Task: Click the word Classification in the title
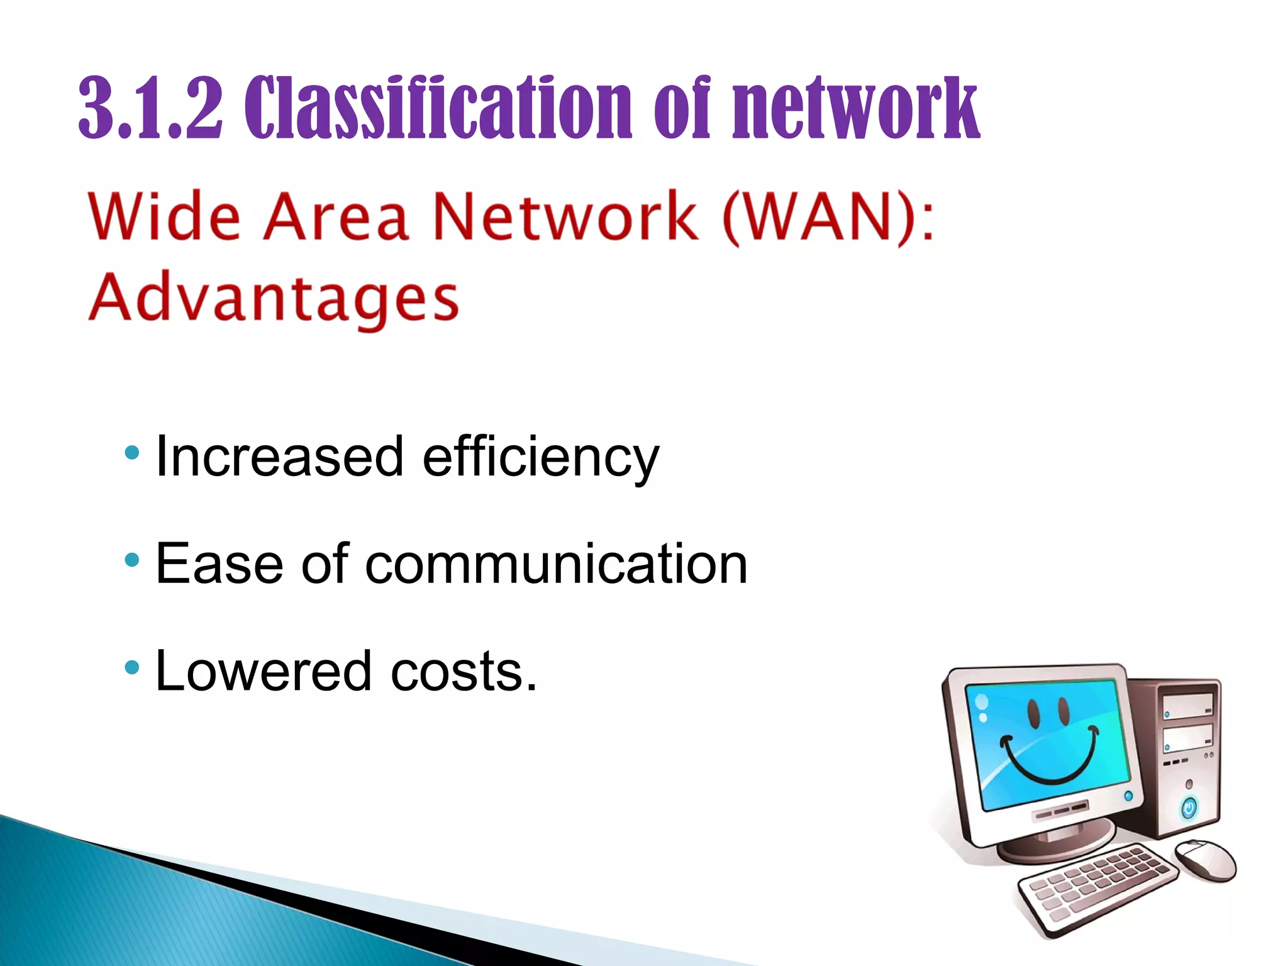[x=438, y=108]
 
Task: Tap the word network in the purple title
[x=856, y=108]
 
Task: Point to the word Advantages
[x=274, y=299]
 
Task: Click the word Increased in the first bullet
[x=279, y=457]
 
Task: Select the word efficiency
[x=541, y=458]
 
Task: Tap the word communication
[x=556, y=564]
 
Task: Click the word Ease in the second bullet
[x=219, y=564]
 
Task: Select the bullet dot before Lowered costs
[x=131, y=667]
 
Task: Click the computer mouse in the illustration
[x=1204, y=860]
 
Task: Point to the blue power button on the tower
[x=1189, y=808]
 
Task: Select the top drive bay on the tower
[x=1187, y=705]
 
